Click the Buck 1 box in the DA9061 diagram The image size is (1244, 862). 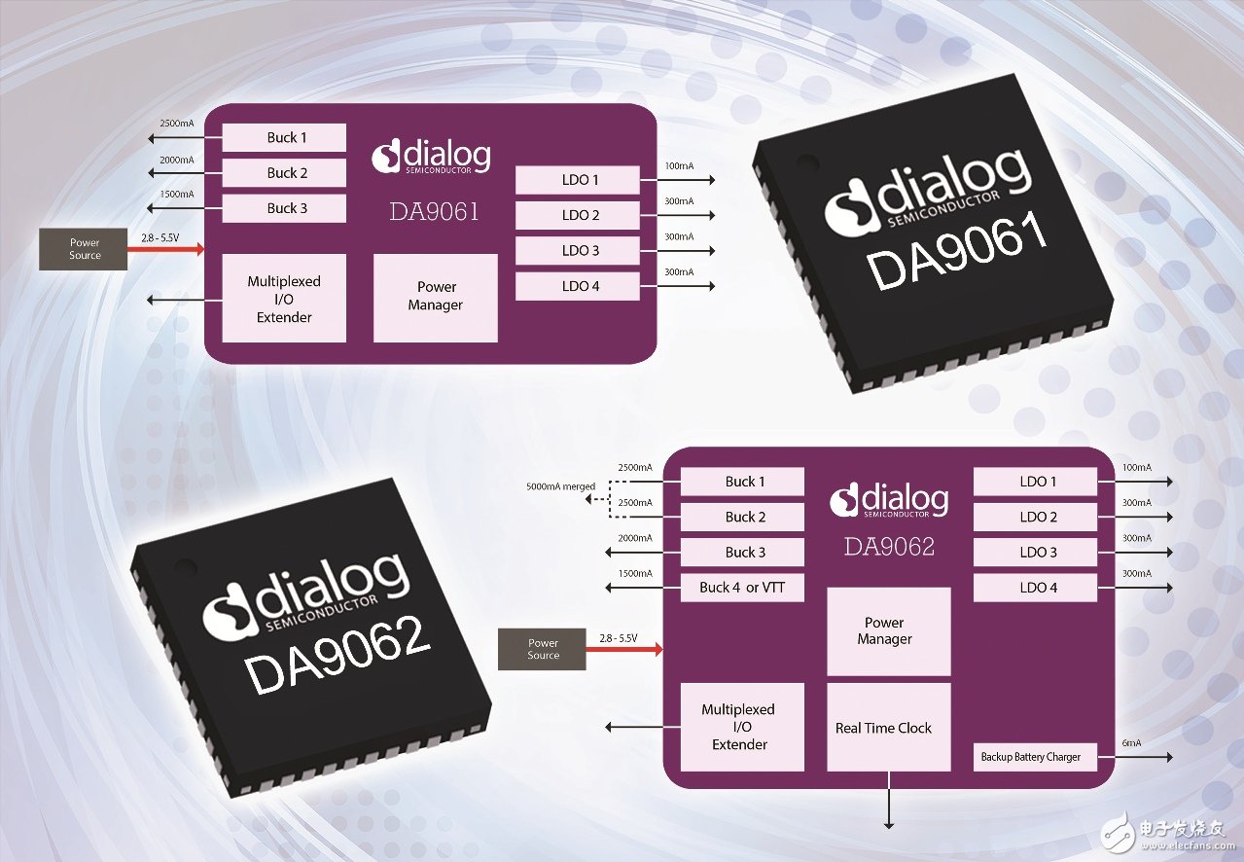284,137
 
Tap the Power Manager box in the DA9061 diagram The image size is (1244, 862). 436,297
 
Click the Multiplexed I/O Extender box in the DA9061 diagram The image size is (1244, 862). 284,299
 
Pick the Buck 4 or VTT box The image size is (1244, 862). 742,588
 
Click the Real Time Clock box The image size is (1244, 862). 888,727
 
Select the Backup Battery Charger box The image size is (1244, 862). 1034,757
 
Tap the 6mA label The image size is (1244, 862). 1131,743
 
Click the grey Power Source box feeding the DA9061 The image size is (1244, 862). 85,249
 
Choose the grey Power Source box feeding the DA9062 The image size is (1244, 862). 543,649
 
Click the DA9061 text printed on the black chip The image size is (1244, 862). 957,254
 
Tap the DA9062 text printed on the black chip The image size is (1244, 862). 337,657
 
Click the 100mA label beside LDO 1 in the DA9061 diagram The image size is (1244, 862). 679,165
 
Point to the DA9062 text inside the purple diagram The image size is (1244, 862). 888,547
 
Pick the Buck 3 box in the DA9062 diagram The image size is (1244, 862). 742,552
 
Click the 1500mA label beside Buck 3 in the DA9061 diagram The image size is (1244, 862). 176,195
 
